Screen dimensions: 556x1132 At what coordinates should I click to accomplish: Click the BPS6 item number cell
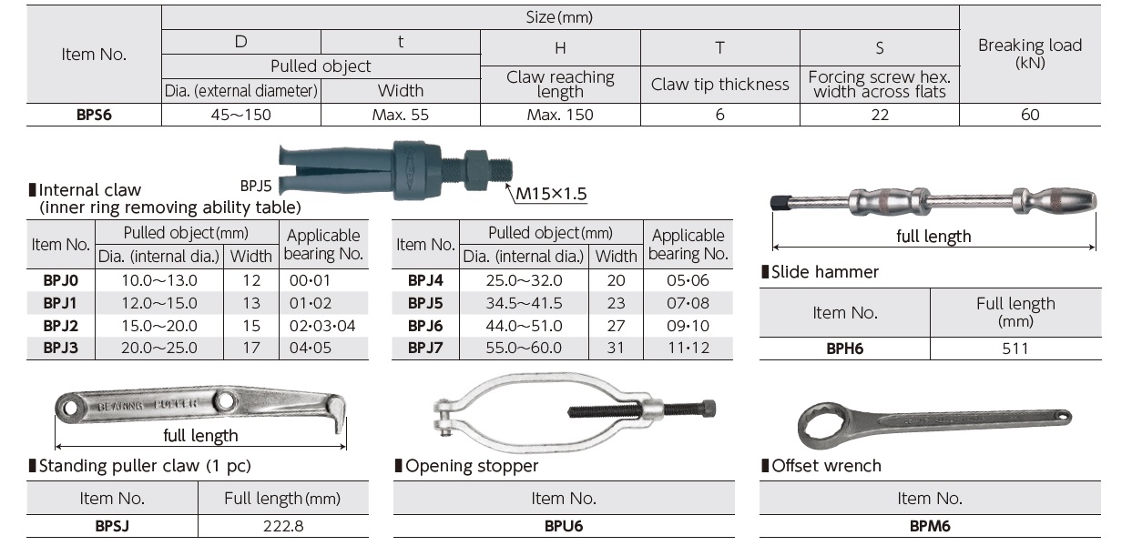94,115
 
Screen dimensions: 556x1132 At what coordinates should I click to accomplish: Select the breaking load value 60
1029,115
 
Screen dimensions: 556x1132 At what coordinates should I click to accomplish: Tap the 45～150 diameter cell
240,115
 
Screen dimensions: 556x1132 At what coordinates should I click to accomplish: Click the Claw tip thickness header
719,85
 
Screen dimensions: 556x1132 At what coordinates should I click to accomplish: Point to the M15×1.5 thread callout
551,194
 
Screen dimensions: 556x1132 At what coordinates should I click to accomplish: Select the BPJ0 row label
60,280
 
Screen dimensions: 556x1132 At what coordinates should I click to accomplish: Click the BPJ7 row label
425,348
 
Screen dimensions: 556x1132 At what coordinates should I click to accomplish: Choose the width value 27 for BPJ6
617,326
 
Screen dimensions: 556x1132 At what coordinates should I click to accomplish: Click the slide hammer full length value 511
1015,349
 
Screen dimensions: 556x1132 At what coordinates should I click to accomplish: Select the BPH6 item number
844,349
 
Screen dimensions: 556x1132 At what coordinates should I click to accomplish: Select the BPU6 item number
563,525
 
